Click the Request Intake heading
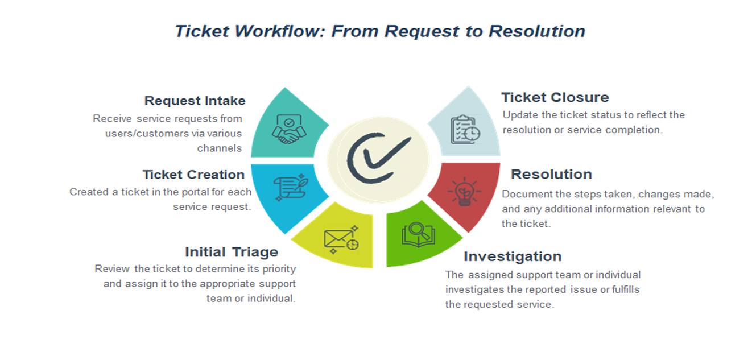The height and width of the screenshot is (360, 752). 195,101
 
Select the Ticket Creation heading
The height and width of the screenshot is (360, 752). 193,175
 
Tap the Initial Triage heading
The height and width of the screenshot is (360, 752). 232,252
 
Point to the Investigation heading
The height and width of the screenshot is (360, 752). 513,256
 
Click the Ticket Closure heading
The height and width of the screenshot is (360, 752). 555,97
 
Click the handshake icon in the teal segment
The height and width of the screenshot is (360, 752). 290,129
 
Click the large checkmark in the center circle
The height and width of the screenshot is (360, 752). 378,157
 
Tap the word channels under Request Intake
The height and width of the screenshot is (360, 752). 220,148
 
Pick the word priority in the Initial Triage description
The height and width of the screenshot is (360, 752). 279,269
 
